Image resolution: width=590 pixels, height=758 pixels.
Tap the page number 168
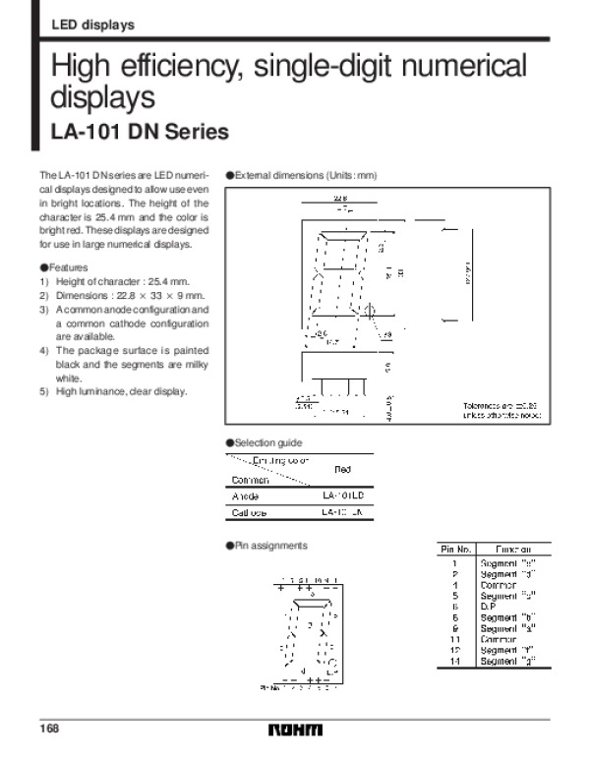tap(48, 729)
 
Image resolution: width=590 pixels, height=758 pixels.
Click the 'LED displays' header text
tap(91, 25)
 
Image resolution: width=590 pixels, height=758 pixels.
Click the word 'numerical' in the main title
tap(458, 68)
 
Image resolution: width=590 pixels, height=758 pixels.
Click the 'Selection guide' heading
tap(267, 443)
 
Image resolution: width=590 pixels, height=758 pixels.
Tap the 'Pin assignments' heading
tap(270, 545)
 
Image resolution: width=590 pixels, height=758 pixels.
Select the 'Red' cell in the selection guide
tap(343, 469)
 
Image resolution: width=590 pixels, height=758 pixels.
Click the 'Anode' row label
tap(245, 496)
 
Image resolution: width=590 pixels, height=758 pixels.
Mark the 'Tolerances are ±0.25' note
tap(501, 406)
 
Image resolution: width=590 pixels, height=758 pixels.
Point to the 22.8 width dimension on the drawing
tap(338, 198)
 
